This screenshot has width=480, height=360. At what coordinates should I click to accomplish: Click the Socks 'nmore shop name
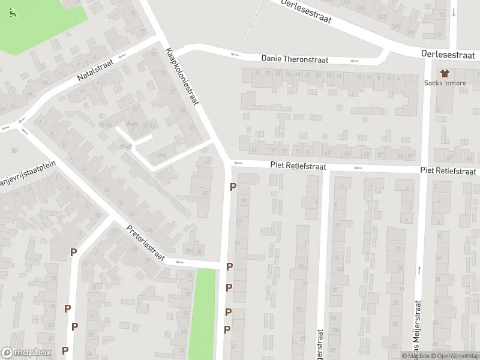pyautogui.click(x=445, y=83)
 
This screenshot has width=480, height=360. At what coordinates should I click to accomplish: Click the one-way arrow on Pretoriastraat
pyautogui.click(x=178, y=262)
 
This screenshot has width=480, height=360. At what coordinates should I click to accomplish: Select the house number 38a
pyautogui.click(x=161, y=155)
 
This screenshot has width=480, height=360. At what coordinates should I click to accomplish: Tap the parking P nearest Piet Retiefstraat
pyautogui.click(x=233, y=187)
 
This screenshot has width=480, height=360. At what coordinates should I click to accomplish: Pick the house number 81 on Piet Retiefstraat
pyautogui.click(x=254, y=150)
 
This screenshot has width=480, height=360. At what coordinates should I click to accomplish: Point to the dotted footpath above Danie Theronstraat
pyautogui.click(x=251, y=27)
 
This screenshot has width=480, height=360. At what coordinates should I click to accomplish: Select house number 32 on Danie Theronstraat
pyautogui.click(x=257, y=73)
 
